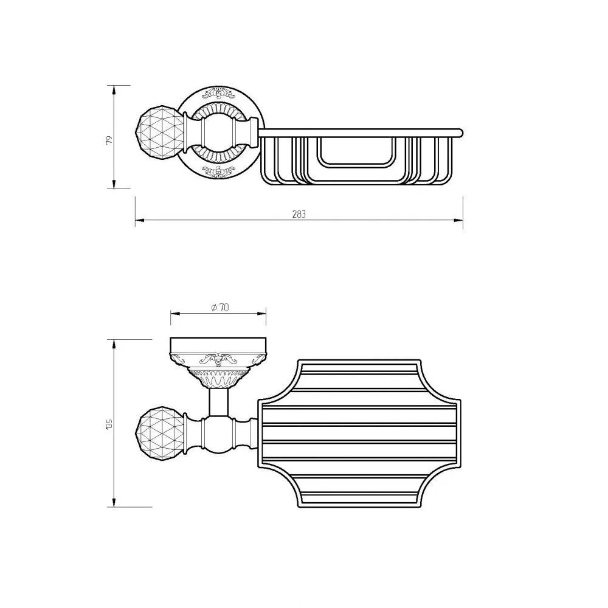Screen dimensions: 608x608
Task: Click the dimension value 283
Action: point(299,214)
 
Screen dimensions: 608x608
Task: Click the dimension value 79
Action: point(109,140)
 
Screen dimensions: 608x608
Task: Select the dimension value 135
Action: point(109,423)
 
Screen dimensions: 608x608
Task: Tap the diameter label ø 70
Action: point(220,308)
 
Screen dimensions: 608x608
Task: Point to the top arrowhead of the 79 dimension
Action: point(114,90)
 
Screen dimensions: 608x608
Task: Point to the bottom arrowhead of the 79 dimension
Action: point(114,184)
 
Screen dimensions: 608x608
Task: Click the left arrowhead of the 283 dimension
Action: point(140,221)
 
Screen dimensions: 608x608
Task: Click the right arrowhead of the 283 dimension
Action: point(458,221)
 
